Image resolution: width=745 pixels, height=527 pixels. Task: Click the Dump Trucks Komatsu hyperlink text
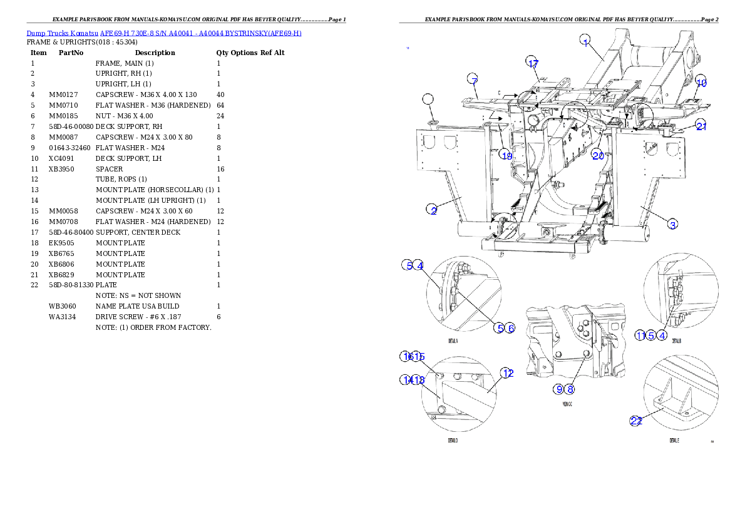click(164, 33)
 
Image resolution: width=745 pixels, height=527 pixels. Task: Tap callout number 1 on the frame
click(585, 43)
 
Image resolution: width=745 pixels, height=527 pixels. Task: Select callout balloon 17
click(532, 64)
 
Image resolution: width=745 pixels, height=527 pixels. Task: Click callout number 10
click(701, 83)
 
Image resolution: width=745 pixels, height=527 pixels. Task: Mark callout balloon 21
click(702, 126)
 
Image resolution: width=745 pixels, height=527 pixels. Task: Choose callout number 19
click(506, 155)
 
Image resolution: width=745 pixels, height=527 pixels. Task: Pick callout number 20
click(598, 155)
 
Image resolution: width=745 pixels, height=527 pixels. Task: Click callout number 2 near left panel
click(433, 210)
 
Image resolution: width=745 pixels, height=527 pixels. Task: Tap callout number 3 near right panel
click(672, 225)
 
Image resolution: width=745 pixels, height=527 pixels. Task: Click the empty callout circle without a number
click(428, 99)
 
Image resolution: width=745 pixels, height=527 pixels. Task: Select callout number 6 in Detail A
click(510, 328)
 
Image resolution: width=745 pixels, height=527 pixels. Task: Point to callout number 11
click(640, 335)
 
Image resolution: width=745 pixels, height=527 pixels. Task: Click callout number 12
click(508, 373)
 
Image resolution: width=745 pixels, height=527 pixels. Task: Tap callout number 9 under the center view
click(558, 389)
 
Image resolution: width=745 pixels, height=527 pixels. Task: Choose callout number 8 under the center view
click(570, 389)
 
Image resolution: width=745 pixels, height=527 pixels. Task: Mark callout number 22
click(636, 421)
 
